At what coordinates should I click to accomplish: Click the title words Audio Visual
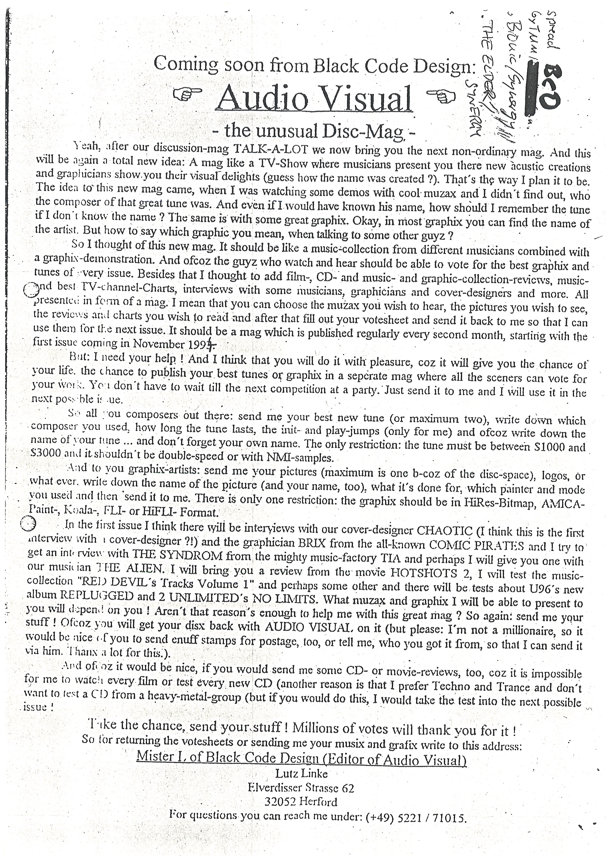pos(314,99)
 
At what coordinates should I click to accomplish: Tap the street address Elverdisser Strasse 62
pos(301,788)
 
